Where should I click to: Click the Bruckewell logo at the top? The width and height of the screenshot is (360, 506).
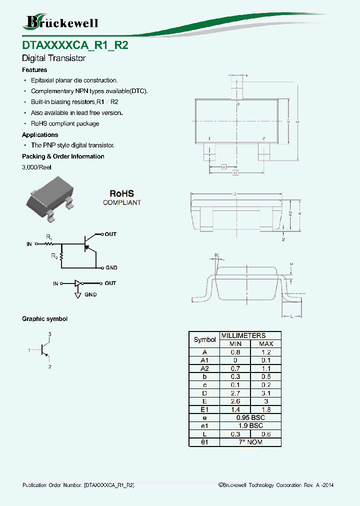pos(60,22)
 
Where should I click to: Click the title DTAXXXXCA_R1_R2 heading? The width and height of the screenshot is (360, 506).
pos(75,44)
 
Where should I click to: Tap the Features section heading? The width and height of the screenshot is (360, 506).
pos(34,70)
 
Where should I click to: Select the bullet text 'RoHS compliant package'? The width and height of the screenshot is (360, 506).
pos(65,123)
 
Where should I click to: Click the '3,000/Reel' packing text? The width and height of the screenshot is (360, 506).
pos(36,167)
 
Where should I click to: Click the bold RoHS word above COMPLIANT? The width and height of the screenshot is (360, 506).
pos(122,193)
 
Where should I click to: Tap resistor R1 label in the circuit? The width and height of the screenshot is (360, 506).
pos(48,236)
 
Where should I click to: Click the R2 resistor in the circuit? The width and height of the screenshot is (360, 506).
pos(61,256)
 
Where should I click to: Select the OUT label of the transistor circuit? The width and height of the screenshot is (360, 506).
pos(110,234)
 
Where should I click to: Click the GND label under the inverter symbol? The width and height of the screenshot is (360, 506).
pos(90,295)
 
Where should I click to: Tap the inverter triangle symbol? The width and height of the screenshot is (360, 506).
pos(77,283)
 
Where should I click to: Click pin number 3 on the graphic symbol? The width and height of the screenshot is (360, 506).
pos(49,333)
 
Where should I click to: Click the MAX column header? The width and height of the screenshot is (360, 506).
pos(265,344)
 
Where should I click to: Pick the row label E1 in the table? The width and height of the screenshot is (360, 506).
pos(204,409)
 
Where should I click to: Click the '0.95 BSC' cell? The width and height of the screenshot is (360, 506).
pos(250,417)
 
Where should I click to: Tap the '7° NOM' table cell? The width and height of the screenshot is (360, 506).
pos(250,442)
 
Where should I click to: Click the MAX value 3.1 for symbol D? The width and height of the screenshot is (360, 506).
pos(265,393)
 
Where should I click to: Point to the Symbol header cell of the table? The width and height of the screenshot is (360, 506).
pos(204,339)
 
